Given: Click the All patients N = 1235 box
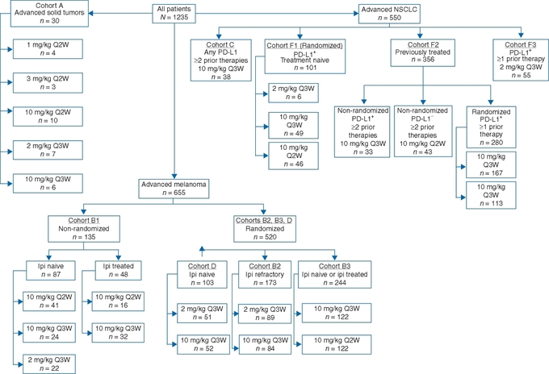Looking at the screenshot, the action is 174,14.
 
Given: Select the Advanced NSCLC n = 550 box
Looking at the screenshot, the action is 389,14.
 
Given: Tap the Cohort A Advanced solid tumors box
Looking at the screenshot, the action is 49,13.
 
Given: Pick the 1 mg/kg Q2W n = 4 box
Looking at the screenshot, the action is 48,49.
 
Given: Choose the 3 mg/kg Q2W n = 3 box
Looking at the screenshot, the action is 48,83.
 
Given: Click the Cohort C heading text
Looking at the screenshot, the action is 220,45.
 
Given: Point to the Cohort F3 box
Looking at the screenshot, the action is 521,60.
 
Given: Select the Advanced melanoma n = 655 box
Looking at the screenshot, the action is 174,189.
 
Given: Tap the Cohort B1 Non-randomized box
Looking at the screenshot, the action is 84,229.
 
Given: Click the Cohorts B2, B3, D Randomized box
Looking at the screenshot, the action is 265,229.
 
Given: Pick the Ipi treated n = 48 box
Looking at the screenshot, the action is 119,270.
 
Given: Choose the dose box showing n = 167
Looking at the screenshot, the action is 491,164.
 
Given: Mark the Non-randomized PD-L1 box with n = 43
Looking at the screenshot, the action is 423,131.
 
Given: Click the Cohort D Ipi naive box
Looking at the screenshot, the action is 203,274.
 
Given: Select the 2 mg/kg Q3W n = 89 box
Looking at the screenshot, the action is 265,314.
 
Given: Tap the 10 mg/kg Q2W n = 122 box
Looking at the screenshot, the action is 337,344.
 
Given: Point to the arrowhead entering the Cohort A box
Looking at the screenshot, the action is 91,13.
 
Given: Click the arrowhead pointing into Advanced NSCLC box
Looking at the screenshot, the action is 356,14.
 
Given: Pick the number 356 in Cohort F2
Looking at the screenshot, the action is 428,60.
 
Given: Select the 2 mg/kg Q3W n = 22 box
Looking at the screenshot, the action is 49,364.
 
